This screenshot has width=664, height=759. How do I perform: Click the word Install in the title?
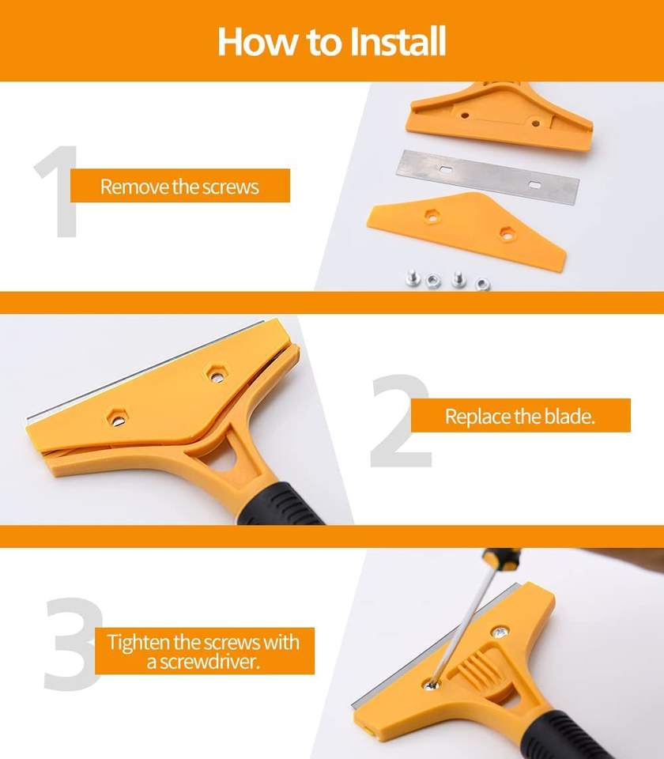(397, 42)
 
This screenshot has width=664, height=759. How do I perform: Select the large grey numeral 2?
(402, 421)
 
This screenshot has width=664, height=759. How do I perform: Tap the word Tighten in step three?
(138, 643)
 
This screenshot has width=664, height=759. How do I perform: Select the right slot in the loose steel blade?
(534, 185)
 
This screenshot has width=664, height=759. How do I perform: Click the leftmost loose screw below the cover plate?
(413, 278)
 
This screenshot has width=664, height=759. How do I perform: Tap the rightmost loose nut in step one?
(482, 284)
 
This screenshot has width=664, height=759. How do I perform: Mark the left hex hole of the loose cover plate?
(430, 216)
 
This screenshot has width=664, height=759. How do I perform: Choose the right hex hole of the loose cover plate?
(507, 234)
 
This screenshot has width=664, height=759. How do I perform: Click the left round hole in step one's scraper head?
(465, 115)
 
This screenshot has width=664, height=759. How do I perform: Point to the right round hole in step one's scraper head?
(535, 123)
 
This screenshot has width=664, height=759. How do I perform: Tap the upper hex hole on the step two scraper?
(217, 375)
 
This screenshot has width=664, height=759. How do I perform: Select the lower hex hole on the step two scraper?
(118, 418)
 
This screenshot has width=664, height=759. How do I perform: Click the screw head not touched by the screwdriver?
(500, 632)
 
